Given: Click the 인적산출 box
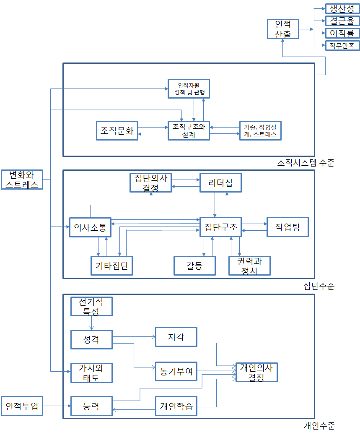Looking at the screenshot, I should pos(283,29).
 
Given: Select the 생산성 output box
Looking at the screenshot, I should pos(342,8).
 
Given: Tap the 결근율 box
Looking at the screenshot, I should pos(342,21).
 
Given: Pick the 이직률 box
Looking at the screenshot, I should pos(342,33).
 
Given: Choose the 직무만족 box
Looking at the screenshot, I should pos(342,45).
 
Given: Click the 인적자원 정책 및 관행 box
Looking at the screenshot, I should pos(189,89).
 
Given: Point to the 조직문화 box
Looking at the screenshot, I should pos(117,130).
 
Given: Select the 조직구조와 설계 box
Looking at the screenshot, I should pos(189,130).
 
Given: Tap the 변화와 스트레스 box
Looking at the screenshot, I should pos(22,180).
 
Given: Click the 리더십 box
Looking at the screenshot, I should pos(220,182).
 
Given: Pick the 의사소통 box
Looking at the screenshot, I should pos(90,228).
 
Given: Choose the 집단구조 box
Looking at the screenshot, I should pos(220,228).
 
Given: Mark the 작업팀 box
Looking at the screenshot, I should pos(287,227).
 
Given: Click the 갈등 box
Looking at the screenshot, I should pos(195,265).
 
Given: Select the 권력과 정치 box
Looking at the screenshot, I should pos(249,265).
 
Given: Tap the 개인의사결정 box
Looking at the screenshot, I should pos(256,372).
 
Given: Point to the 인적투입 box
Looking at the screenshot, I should pos(22,406).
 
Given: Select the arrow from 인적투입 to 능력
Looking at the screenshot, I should pos(57,406).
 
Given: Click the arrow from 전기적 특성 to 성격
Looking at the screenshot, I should pos(91,323).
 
